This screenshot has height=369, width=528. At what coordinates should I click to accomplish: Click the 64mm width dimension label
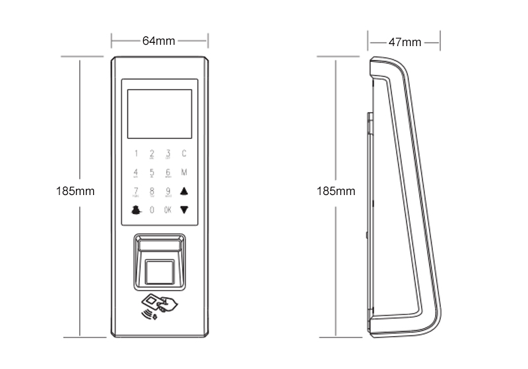(159, 41)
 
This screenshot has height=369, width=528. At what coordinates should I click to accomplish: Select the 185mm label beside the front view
(77, 192)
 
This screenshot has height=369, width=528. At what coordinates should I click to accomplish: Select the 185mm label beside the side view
(336, 192)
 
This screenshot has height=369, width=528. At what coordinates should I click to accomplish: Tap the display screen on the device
(159, 114)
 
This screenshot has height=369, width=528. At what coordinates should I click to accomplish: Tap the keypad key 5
(152, 173)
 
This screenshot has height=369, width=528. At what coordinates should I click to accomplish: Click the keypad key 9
(168, 192)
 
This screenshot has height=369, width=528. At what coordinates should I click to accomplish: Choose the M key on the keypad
(184, 173)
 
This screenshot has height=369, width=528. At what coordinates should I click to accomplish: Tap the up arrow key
(184, 192)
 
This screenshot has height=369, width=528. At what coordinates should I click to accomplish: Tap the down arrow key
(184, 210)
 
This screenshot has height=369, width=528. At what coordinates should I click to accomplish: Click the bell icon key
(136, 210)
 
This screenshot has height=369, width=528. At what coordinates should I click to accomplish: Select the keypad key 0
(152, 210)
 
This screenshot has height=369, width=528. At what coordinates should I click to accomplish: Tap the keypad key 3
(168, 154)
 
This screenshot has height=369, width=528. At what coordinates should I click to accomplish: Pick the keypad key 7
(136, 192)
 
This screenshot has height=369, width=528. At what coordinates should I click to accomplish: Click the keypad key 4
(136, 173)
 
